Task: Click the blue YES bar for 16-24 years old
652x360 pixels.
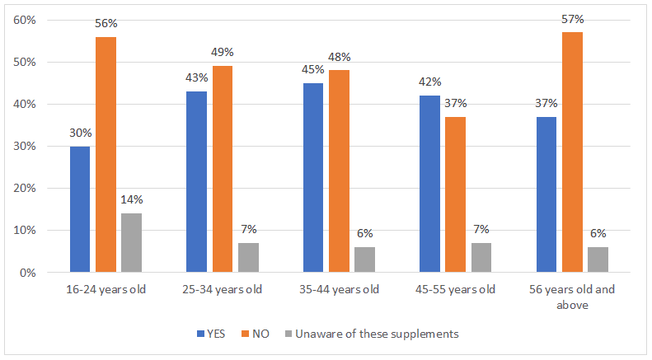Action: (x=80, y=209)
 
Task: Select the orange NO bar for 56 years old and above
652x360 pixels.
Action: (x=572, y=152)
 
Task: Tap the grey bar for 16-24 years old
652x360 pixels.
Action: (x=131, y=242)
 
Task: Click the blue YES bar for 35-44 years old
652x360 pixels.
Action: (x=313, y=177)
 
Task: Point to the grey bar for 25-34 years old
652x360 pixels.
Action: (x=248, y=257)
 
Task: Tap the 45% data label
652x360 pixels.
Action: (x=313, y=72)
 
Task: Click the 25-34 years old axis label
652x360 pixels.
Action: (x=222, y=290)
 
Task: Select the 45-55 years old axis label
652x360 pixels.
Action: (x=455, y=290)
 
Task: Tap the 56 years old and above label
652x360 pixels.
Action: (x=572, y=297)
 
